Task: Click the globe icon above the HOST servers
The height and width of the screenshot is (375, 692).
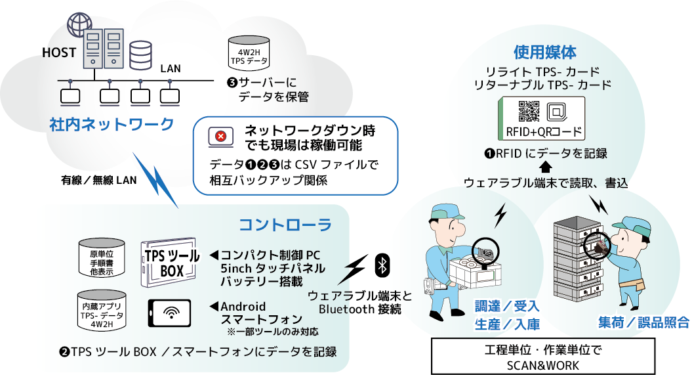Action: pos(77,25)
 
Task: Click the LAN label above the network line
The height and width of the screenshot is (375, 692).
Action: pos(171,68)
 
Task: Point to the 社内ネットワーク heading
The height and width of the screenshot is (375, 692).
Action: pos(112,124)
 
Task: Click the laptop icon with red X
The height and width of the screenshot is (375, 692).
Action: pos(221,137)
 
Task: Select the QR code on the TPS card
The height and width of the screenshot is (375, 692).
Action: pos(529,112)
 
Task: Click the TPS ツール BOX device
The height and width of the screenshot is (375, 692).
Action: pos(170,262)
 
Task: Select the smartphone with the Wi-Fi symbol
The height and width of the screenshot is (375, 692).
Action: pos(169,313)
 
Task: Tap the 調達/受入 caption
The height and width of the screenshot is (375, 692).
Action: pos(507,305)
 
